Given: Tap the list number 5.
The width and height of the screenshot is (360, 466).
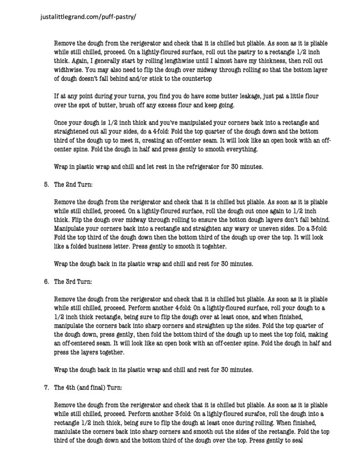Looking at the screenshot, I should tap(46, 185).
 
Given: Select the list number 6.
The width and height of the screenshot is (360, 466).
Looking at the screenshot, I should tap(46, 281).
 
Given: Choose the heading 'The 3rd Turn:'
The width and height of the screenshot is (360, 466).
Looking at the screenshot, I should tap(72, 281).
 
